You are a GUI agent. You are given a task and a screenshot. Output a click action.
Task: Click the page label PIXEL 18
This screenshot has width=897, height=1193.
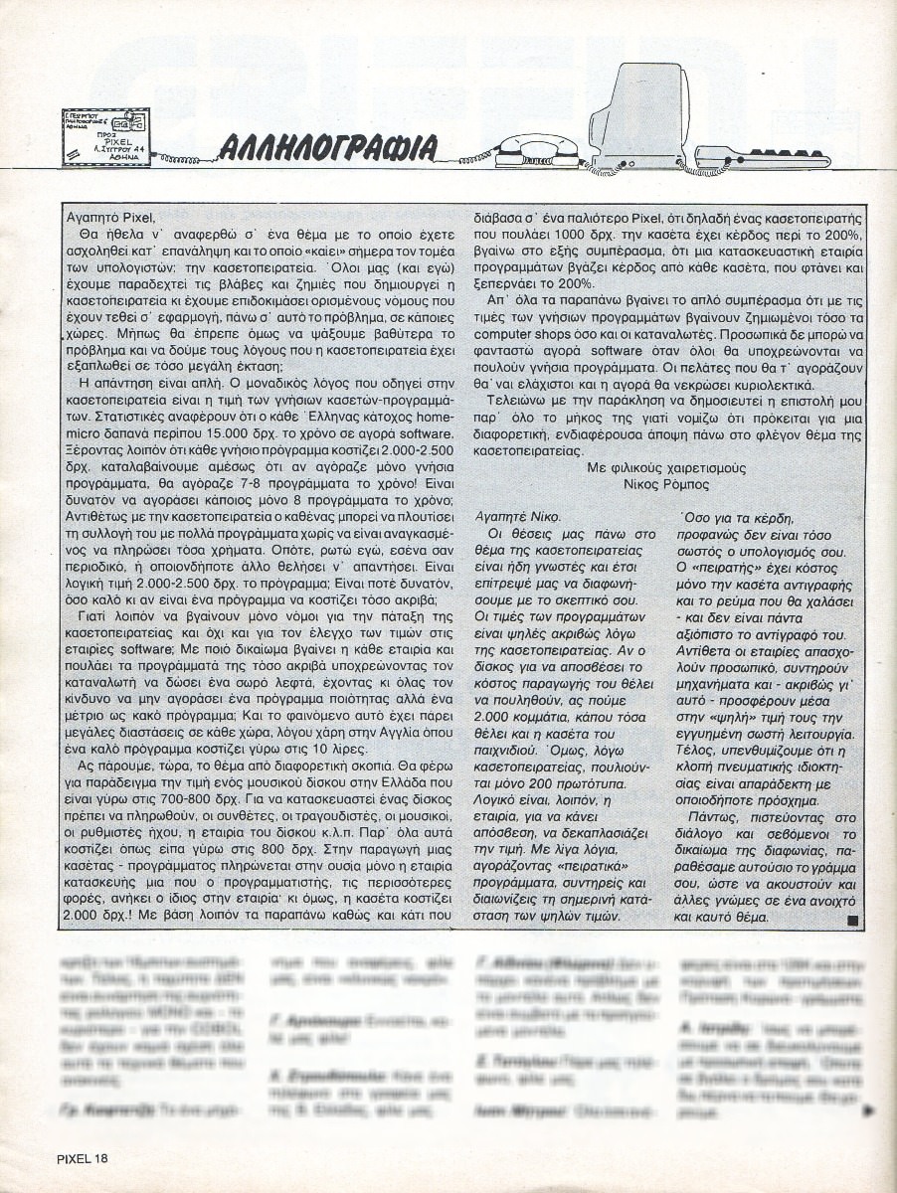pos(83,1158)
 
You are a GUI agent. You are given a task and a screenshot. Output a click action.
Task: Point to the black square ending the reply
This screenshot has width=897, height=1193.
pos(850,921)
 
